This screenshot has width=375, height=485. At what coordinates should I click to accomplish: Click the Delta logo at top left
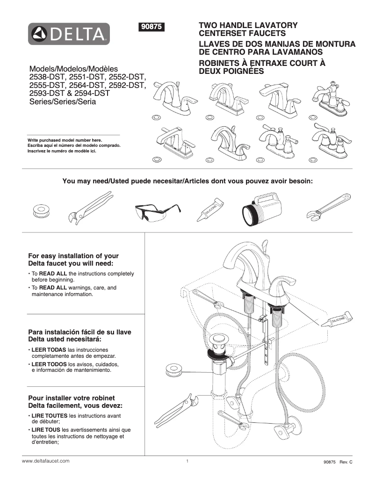pos(69,34)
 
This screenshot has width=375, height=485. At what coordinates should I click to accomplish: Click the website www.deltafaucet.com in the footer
pos(46,461)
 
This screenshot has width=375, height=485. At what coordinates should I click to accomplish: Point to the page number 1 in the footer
pos(187,461)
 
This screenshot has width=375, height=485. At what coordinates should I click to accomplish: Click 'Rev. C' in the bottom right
pos(346,462)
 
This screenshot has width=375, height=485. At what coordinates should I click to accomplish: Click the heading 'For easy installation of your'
pos(73,256)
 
